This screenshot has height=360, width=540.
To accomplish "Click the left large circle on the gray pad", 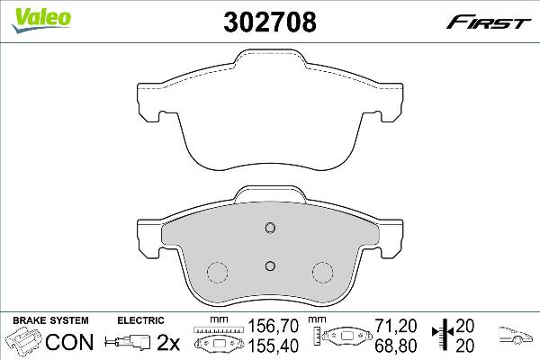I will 218,272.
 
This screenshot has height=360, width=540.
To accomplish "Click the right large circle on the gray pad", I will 322,272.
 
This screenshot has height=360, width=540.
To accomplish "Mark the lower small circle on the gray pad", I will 270,265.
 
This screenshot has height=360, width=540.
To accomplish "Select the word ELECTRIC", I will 140,319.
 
